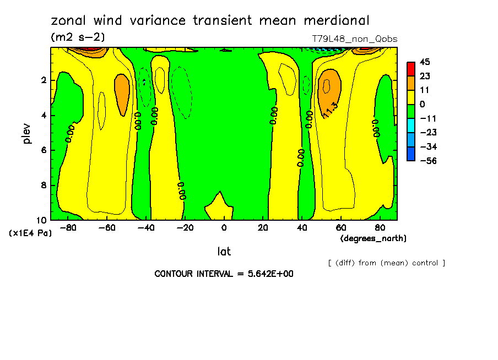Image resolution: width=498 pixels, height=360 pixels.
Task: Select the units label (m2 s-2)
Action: [x=78, y=37]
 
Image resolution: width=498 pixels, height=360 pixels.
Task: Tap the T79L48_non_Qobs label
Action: [x=354, y=39]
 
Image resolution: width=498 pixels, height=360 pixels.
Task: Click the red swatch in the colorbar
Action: [x=410, y=68]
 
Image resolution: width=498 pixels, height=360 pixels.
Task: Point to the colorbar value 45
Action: [x=424, y=62]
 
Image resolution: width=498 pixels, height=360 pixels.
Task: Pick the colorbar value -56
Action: [x=427, y=161]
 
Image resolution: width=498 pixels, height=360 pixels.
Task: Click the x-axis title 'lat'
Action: [x=224, y=252]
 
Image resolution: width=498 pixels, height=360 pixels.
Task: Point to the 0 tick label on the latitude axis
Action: [x=224, y=227]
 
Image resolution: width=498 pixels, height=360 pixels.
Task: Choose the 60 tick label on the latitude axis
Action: [x=340, y=227]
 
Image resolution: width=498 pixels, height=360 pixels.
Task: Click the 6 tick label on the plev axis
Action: [x=44, y=150]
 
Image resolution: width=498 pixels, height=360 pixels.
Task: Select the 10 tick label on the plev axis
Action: [x=42, y=220]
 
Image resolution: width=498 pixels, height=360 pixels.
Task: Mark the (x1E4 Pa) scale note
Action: [x=30, y=233]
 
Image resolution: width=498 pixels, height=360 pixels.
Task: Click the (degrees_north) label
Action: [x=373, y=238]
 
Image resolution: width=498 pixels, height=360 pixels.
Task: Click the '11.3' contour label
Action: [x=329, y=111]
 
